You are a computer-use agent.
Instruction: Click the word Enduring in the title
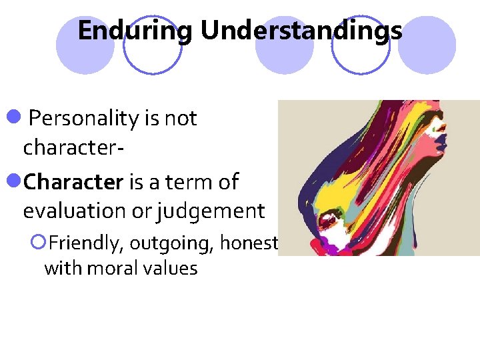click(x=135, y=31)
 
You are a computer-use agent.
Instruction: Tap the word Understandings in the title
click(x=301, y=31)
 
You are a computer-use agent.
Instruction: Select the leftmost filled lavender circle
click(x=85, y=45)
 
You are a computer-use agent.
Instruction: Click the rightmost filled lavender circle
click(x=427, y=45)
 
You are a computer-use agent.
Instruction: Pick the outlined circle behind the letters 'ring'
click(x=153, y=45)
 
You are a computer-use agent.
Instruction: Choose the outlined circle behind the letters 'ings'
click(x=361, y=45)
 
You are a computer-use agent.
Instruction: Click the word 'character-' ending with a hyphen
click(x=72, y=147)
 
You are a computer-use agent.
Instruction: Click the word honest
click(x=248, y=243)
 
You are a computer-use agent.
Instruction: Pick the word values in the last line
click(x=171, y=269)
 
